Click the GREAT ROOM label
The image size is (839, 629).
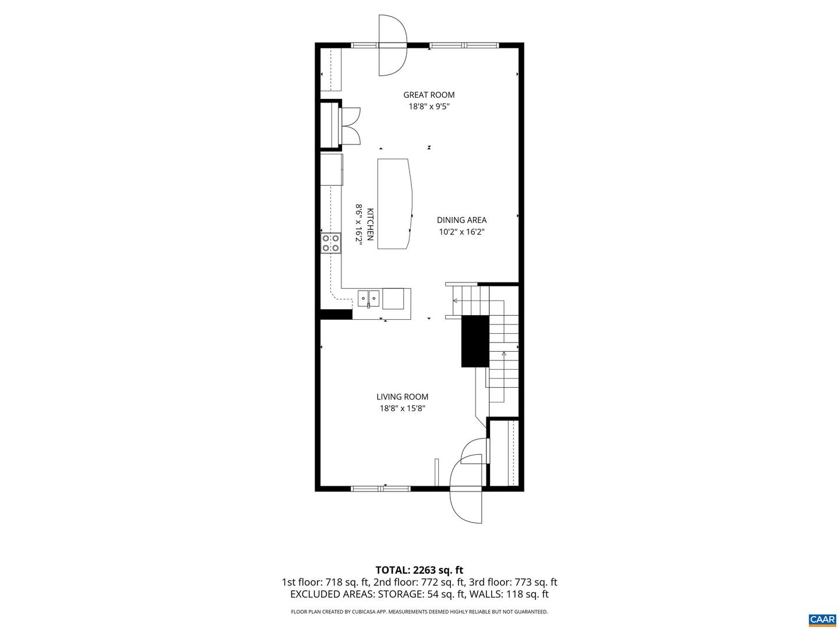click(x=429, y=95)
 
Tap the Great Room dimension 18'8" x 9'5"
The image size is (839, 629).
click(x=429, y=107)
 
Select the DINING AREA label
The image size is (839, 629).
click(x=461, y=220)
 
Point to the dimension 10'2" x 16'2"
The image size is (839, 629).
click(x=461, y=232)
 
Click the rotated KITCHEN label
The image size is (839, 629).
click(x=370, y=224)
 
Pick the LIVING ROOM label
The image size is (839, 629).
click(x=402, y=397)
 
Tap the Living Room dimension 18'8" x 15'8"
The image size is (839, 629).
click(x=402, y=409)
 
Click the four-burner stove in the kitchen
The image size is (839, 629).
click(x=330, y=243)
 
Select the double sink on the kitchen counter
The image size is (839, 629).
click(x=368, y=298)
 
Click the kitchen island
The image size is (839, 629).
click(x=394, y=204)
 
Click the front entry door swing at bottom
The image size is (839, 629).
click(x=466, y=492)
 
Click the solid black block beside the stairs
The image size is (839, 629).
click(x=475, y=341)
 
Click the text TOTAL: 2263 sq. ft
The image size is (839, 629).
click(x=419, y=570)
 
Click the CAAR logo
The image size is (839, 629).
click(x=822, y=619)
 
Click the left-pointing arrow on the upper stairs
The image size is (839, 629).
click(x=455, y=301)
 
